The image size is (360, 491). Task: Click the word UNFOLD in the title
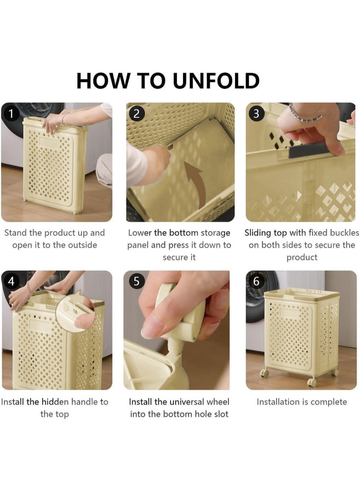pyautogui.click(x=216, y=81)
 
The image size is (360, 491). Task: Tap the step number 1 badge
pyautogui.click(x=11, y=113)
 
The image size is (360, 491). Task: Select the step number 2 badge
pyautogui.click(x=136, y=113)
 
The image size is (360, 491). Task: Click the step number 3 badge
pyautogui.click(x=256, y=113)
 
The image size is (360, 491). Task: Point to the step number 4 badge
pyautogui.click(x=11, y=281)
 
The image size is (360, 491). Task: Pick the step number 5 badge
pyautogui.click(x=136, y=281)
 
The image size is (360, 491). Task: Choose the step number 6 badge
pyautogui.click(x=256, y=281)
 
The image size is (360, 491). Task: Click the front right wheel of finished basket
pyautogui.click(x=311, y=382)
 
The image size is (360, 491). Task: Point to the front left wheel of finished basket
pyautogui.click(x=265, y=373)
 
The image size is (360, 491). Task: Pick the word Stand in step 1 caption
pyautogui.click(x=16, y=233)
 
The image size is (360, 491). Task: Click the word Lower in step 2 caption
pyautogui.click(x=140, y=233)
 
